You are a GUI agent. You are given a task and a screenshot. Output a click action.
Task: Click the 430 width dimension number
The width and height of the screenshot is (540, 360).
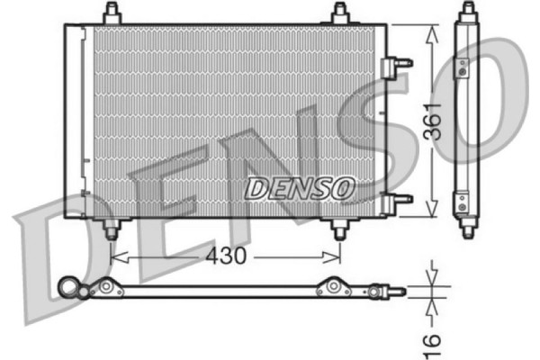tap(225, 256)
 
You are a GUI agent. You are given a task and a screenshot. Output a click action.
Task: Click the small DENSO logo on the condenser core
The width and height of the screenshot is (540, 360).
tap(301, 188)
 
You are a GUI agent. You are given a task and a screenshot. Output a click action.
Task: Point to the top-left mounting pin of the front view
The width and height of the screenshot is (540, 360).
tap(112, 13)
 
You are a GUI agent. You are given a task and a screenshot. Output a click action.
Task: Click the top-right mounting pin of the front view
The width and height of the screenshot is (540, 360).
tap(339, 13)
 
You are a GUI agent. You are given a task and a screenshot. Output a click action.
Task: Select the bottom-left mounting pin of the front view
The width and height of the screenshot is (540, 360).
tap(112, 230)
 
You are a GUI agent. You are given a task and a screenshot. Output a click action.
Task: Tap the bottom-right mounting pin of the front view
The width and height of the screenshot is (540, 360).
tap(339, 230)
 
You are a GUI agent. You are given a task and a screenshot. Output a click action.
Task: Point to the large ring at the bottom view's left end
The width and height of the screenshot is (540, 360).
tap(68, 287)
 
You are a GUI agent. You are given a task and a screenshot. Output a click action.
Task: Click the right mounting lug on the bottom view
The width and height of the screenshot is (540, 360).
tap(335, 288)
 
